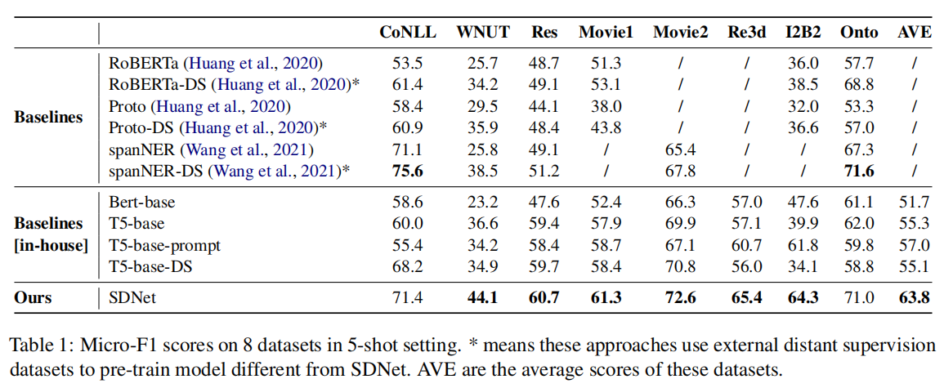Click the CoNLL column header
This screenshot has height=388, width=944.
click(408, 33)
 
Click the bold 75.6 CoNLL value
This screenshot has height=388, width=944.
click(408, 171)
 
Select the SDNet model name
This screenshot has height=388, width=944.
click(132, 297)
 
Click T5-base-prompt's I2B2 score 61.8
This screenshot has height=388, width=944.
click(801, 245)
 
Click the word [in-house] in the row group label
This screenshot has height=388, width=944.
click(48, 245)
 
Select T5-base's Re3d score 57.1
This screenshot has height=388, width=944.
click(746, 224)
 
